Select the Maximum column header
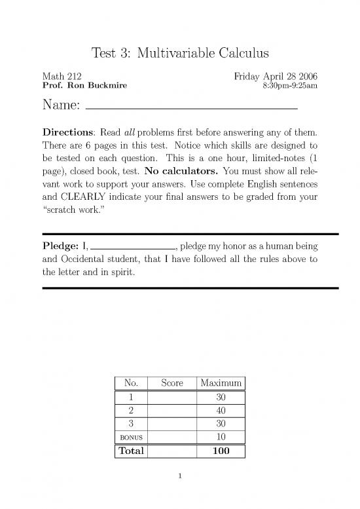pos(221,383)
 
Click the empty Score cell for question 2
pos(172,411)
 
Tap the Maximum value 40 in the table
pos(221,411)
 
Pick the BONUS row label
pos(131,438)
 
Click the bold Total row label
pos(131,451)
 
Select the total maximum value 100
pos(221,451)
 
